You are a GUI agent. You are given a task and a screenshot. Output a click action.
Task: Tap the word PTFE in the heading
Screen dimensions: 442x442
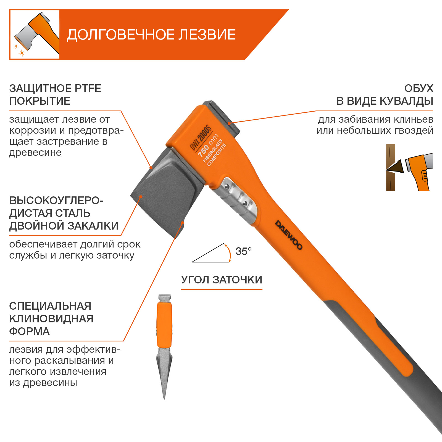(x=87, y=88)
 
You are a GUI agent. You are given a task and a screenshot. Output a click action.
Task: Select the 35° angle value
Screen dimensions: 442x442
(x=243, y=251)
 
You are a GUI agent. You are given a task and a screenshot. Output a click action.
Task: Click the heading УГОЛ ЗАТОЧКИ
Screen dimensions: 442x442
(x=222, y=280)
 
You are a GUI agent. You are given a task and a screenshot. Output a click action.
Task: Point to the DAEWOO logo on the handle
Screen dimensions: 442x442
(x=289, y=235)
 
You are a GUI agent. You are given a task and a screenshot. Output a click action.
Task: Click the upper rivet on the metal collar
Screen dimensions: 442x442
(x=227, y=187)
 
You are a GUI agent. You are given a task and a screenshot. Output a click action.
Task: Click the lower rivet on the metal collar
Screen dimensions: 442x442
(x=244, y=203)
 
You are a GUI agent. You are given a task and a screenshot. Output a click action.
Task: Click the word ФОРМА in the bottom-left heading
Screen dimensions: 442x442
(x=29, y=331)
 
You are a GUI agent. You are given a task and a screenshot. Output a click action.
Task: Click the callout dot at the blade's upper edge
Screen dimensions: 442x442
(x=151, y=167)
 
